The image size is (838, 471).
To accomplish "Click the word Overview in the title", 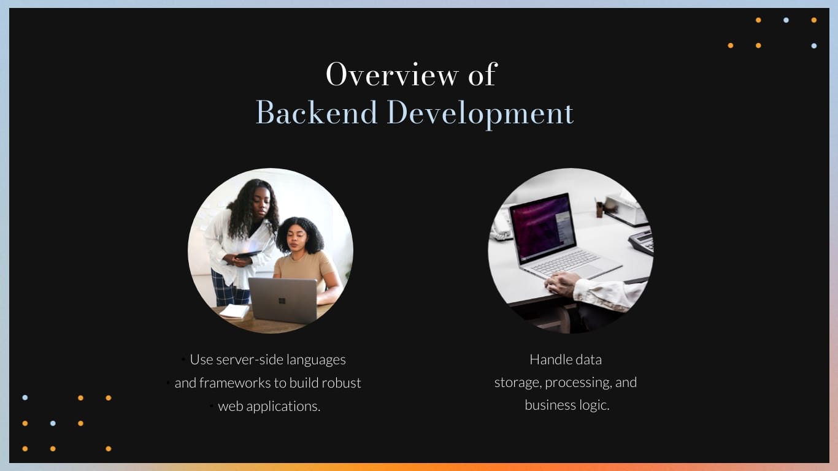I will click(x=391, y=75).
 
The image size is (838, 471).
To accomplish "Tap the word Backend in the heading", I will click(x=316, y=113).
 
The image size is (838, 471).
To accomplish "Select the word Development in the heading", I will click(x=480, y=114).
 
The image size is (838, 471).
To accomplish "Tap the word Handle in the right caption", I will click(x=548, y=359).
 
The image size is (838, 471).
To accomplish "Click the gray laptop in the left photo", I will click(x=283, y=300).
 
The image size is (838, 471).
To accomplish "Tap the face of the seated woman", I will click(x=299, y=238).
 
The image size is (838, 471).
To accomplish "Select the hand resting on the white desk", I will click(x=562, y=284).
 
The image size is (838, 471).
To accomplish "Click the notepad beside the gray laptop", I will click(x=234, y=311).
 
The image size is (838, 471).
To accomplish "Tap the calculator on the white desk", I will click(x=642, y=240).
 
